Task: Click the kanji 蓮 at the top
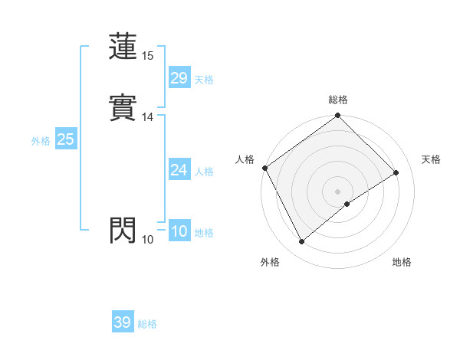tap(123, 47)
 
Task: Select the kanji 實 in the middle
tap(123, 108)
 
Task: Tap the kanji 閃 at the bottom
tap(123, 231)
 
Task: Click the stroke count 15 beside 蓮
tap(148, 56)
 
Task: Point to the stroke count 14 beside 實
tap(148, 117)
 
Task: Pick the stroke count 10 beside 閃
tap(148, 240)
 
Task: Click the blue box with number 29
tap(179, 78)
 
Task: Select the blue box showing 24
tap(179, 170)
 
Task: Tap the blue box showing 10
tap(179, 231)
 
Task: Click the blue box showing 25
tap(65, 139)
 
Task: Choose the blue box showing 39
tap(122, 322)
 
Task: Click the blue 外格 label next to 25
tap(40, 141)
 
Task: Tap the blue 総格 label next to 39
tap(147, 324)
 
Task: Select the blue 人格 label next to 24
tap(204, 172)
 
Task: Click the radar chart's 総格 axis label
tap(338, 100)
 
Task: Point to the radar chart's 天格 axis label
tap(431, 159)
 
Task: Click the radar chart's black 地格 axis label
tap(402, 262)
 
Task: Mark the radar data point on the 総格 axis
tap(338, 116)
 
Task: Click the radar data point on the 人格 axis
tap(264, 168)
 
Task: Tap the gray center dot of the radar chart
tap(338, 191)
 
